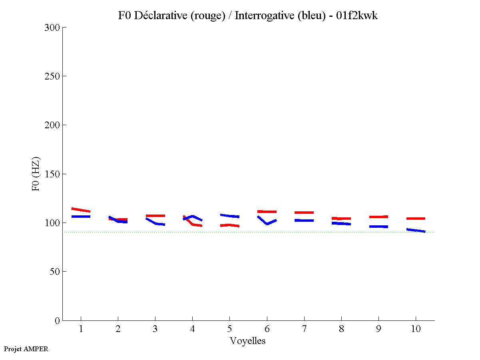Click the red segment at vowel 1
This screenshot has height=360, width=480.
coord(81,210)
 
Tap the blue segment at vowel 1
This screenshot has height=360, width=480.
coord(81,217)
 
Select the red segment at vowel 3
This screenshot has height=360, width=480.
coord(155,216)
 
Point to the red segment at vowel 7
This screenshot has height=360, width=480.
coord(304,213)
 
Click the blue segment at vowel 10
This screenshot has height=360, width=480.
coord(416,231)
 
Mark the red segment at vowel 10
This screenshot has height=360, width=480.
coord(416,219)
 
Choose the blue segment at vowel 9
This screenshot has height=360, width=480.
coord(378,227)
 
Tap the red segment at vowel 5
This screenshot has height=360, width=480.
coord(229,225)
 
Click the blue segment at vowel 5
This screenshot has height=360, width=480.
coord(229,216)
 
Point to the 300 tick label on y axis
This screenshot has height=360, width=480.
coord(52,28)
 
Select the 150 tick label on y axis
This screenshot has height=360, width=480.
coord(52,174)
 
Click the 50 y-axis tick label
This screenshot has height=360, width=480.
coord(54,272)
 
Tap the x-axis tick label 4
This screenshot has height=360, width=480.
coord(192,329)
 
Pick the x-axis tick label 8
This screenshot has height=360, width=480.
coord(341,329)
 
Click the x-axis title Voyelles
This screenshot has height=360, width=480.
coord(248,341)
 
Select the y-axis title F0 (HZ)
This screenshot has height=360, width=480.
coord(36,174)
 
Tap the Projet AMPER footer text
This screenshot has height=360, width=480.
coord(26,349)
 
